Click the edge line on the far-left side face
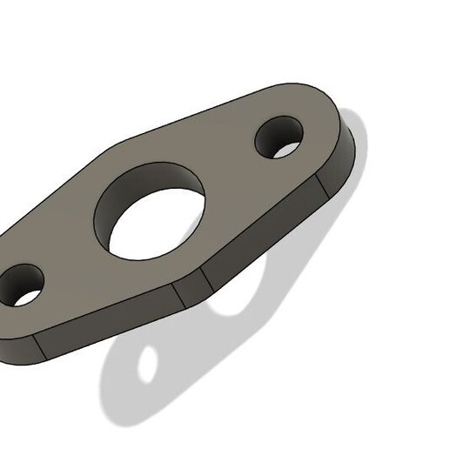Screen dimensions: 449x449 pyautogui.click(x=39, y=346)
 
